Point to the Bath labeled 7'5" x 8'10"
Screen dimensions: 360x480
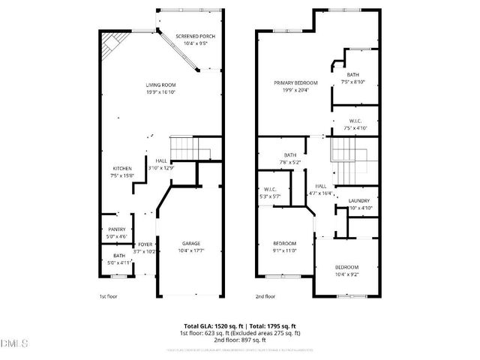pos(352,78)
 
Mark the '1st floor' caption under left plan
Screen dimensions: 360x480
pos(109,296)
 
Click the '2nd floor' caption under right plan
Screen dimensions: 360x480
pos(265,296)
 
